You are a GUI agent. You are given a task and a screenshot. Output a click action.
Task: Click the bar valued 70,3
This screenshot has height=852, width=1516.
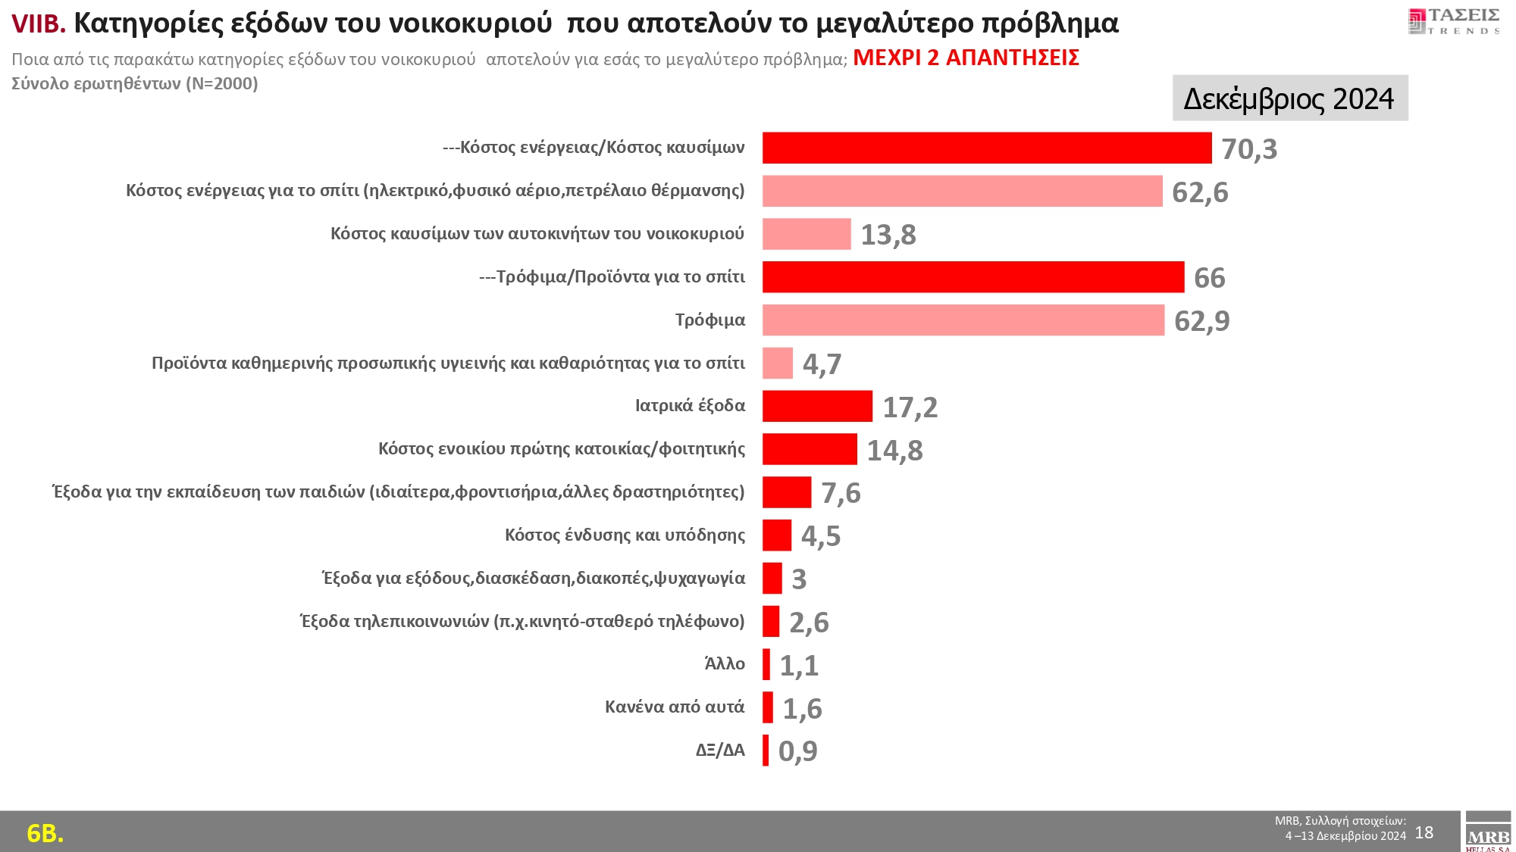pos(987,148)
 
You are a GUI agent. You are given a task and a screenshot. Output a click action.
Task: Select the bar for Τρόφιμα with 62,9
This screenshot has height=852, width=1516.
pos(963,320)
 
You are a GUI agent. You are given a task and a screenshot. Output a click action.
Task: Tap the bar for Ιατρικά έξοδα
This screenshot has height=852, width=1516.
pos(817,406)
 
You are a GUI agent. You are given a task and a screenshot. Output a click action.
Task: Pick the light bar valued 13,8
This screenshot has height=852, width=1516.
pos(807,234)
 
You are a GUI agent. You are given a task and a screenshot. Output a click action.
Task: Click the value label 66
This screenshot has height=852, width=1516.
pos(1209,278)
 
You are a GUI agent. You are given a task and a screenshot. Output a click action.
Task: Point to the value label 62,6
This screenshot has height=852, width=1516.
pos(1200,192)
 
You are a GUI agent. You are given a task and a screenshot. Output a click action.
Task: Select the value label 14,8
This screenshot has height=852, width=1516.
pos(894,451)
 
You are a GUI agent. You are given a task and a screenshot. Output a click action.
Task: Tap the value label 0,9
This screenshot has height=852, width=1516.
pos(797,751)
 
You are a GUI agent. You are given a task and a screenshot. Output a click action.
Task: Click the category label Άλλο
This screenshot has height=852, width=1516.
pos(725,664)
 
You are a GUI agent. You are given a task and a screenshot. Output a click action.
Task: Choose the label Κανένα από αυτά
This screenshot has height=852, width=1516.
pos(675,707)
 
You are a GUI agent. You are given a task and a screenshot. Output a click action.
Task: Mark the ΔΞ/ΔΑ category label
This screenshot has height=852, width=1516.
pos(720,751)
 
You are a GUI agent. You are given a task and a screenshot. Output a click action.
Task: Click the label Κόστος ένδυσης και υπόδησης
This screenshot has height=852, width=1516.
pos(625,535)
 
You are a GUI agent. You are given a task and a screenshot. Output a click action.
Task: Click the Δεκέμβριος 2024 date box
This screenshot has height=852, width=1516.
pos(1289,98)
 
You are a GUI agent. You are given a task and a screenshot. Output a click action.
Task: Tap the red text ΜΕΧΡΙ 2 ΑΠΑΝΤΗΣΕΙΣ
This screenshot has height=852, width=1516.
pos(966,58)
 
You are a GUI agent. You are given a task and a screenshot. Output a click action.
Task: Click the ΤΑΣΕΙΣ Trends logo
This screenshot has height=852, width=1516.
pos(1454,21)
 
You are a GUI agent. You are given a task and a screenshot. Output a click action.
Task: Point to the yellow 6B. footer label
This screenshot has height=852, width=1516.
pos(45,833)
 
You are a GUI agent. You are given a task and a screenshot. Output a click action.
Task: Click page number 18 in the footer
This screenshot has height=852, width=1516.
pos(1424,833)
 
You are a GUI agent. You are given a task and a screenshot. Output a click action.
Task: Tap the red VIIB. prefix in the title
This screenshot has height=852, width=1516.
pos(39,24)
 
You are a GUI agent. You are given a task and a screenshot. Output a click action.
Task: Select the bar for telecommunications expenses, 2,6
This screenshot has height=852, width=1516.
pos(771,622)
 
